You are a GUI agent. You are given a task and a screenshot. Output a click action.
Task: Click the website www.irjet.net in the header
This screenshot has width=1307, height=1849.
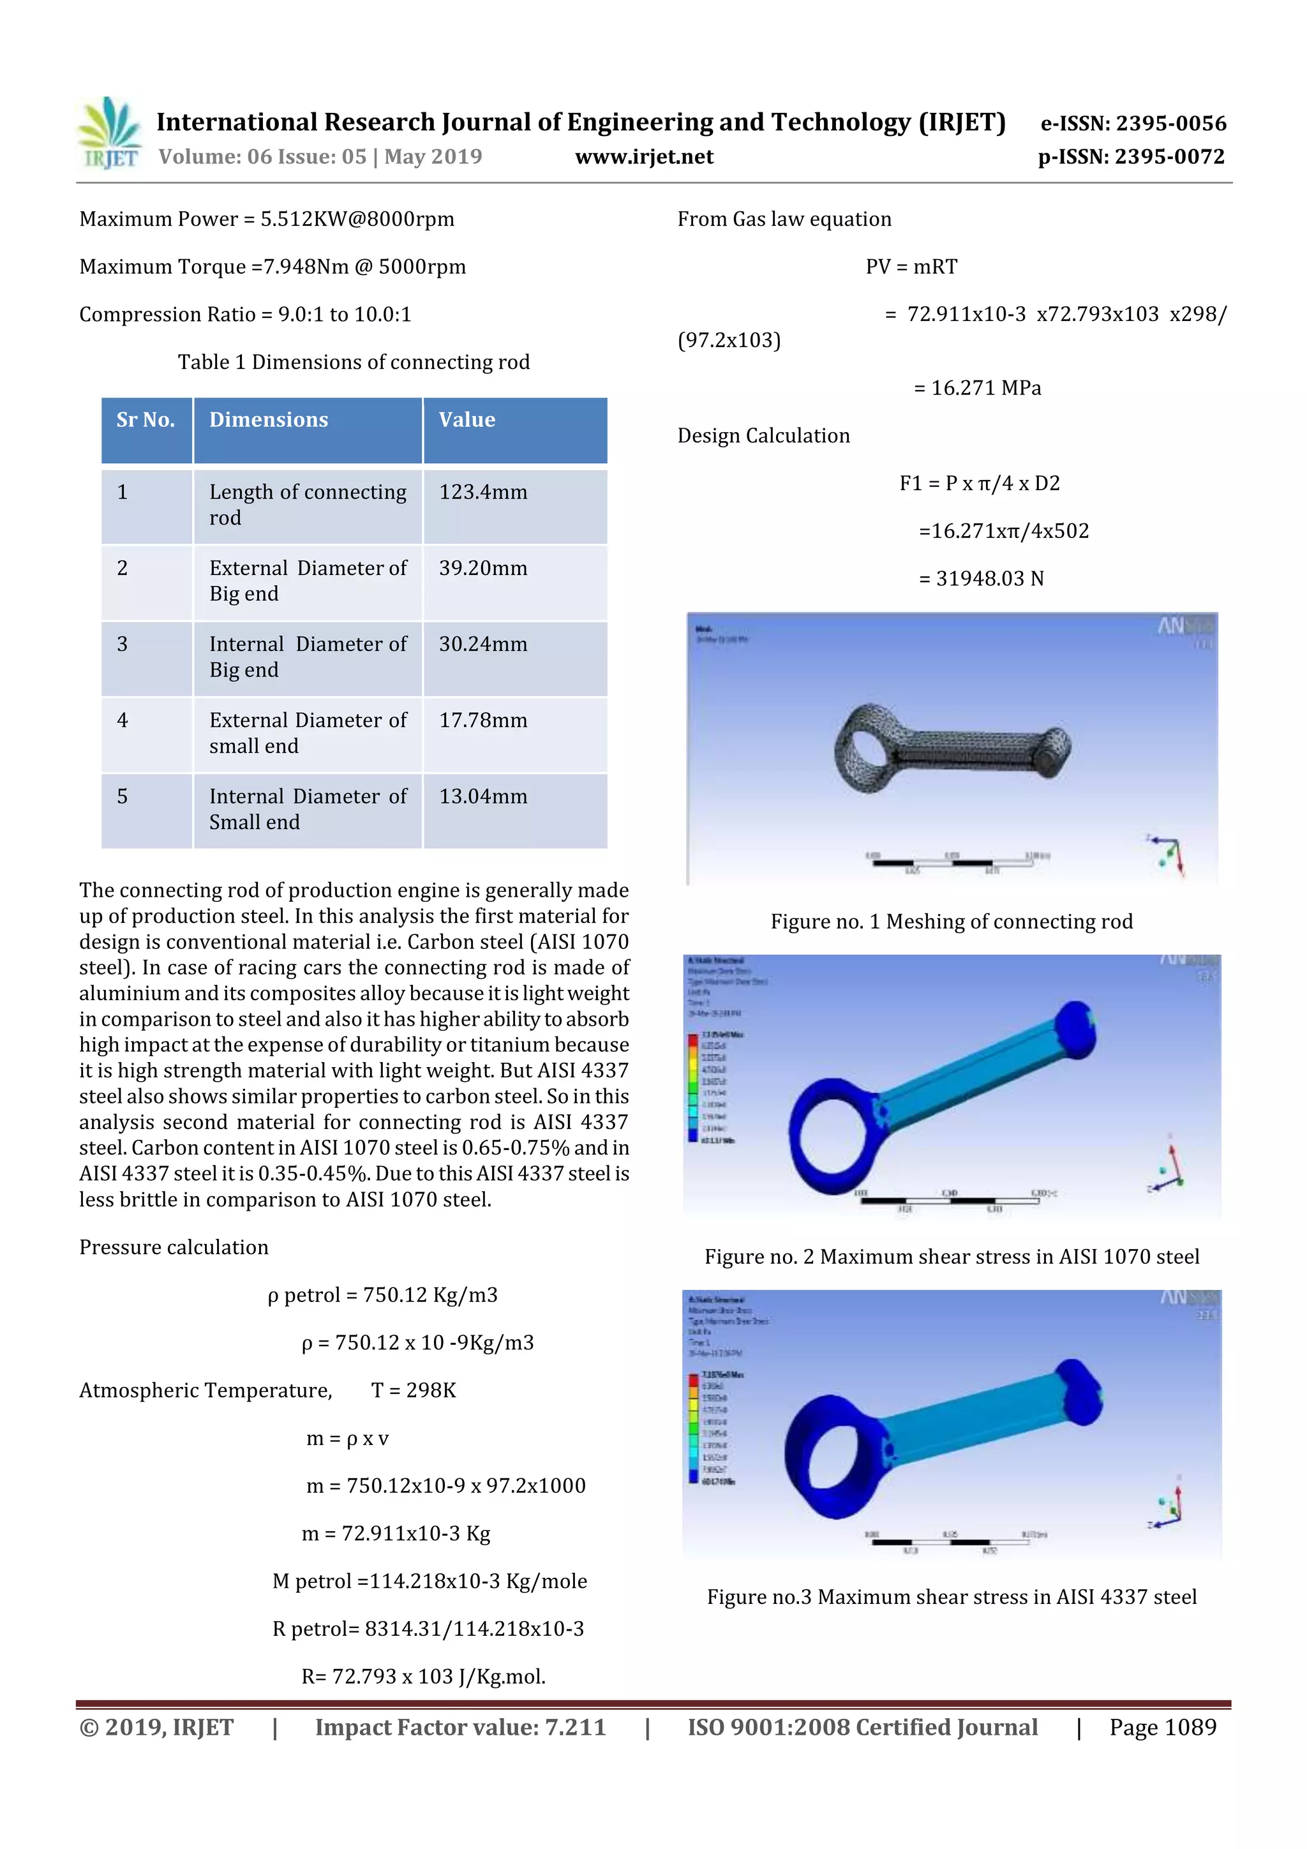coord(643,157)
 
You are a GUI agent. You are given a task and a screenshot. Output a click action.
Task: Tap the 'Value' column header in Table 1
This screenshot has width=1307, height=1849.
coord(467,419)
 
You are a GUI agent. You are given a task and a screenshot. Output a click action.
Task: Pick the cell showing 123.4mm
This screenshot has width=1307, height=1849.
coord(483,492)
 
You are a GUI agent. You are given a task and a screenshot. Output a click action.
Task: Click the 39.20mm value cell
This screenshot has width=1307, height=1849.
coord(483,569)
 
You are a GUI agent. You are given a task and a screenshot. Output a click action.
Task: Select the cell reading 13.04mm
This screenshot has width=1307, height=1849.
coord(483,797)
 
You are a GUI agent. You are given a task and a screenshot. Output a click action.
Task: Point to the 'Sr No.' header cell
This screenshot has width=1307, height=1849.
coord(146,419)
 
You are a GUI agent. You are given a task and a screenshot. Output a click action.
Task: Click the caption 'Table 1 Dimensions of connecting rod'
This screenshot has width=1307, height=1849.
coord(354,363)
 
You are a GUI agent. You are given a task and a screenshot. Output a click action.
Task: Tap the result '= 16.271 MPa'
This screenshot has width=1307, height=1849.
coord(977,388)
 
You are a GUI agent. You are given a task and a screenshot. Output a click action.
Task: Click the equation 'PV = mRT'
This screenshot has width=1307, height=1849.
coord(911,267)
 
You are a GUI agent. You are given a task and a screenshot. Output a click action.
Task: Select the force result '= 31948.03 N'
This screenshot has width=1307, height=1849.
coord(981,579)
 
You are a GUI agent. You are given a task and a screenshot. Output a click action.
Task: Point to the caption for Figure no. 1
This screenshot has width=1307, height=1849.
coord(951,921)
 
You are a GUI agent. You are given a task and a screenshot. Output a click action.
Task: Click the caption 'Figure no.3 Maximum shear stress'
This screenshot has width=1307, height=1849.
coord(951,1597)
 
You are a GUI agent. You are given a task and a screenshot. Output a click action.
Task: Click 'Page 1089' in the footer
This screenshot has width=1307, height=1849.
coord(1162,1727)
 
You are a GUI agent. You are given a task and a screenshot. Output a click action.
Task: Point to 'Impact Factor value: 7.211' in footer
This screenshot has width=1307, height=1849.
coord(460,1727)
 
